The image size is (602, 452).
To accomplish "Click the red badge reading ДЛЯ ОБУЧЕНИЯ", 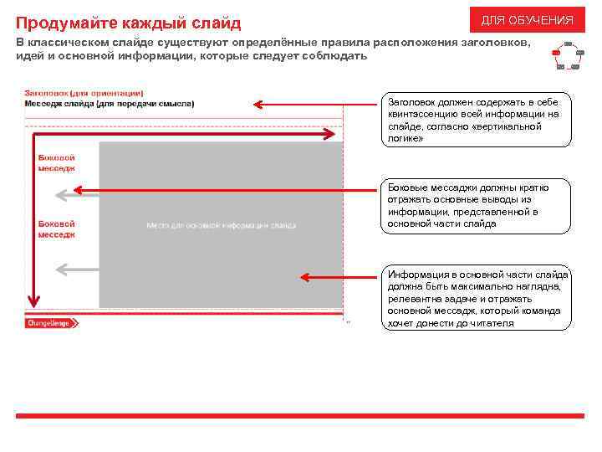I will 527,19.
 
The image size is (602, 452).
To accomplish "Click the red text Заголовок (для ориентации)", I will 84,93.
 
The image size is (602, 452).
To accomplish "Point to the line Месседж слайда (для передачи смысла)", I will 109,104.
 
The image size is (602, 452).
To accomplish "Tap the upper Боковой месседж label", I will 56,162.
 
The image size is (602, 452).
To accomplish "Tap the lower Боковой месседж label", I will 56,229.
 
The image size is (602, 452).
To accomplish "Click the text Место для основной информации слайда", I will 222,225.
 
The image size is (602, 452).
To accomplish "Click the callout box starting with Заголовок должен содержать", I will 477,120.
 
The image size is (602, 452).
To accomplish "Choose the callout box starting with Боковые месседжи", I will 477,206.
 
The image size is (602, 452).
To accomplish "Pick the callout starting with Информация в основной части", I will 477,299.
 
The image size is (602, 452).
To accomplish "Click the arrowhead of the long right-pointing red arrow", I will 329,133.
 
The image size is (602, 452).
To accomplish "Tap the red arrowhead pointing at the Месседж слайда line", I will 259,105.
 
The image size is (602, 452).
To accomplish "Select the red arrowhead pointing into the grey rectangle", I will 305,277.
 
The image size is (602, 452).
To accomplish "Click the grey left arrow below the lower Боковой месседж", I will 61,269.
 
